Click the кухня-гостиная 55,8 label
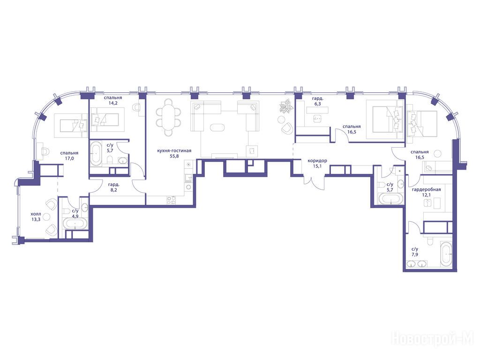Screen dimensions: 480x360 tap(174, 153)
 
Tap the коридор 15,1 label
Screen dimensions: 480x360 tap(317, 163)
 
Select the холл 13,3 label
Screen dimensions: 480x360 tap(36, 217)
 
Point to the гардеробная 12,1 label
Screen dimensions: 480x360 tap(426, 192)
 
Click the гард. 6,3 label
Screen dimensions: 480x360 tap(317, 101)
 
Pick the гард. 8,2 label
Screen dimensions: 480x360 tap(113, 187)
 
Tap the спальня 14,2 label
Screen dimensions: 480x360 tap(112, 100)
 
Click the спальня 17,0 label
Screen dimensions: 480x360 tap(69, 156)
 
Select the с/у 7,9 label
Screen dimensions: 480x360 tap(415, 252)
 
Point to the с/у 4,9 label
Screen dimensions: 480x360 tap(75, 213)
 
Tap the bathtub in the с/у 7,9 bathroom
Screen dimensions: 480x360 tap(446, 254)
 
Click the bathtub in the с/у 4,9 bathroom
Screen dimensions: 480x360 tap(75, 224)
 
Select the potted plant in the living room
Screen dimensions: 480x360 tap(286, 106)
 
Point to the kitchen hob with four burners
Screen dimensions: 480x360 tap(171, 200)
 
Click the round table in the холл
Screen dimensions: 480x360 tap(46, 217)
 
